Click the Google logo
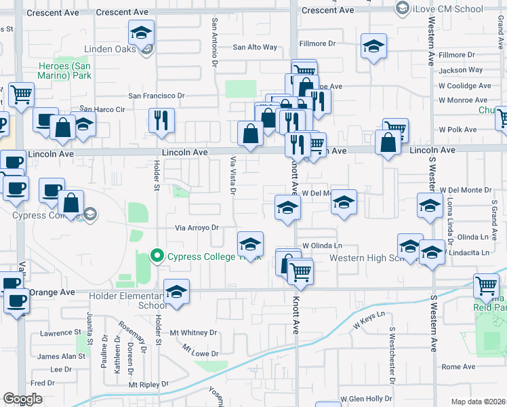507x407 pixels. pyautogui.click(x=22, y=399)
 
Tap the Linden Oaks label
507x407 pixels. pyautogui.click(x=111, y=49)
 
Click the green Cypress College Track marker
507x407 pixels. pyautogui.click(x=157, y=256)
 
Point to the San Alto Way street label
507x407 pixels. pyautogui.click(x=255, y=47)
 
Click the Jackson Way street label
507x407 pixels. pyautogui.click(x=461, y=70)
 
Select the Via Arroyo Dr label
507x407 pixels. pyautogui.click(x=198, y=228)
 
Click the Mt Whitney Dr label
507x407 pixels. pyautogui.click(x=193, y=333)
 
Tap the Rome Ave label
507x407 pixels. pyautogui.click(x=459, y=367)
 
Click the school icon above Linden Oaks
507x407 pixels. pyautogui.click(x=142, y=33)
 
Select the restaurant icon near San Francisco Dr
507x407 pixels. pyautogui.click(x=162, y=121)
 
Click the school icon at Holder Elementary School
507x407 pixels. pyautogui.click(x=177, y=292)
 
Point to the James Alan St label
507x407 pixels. pyautogui.click(x=60, y=357)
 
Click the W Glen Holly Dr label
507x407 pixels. pyautogui.click(x=366, y=399)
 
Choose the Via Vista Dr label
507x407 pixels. pyautogui.click(x=232, y=174)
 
